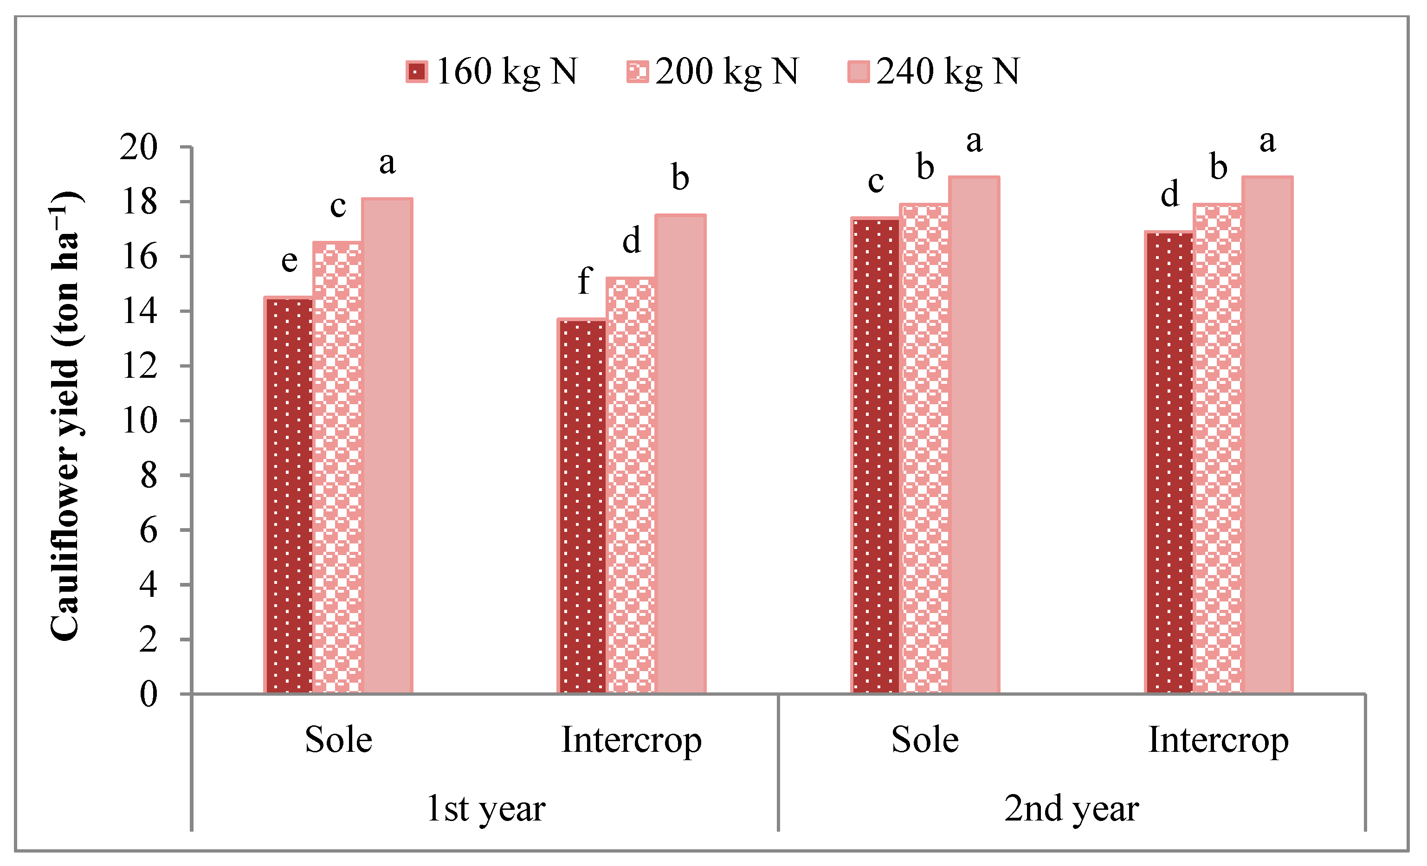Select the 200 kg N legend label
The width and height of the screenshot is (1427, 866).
tap(727, 72)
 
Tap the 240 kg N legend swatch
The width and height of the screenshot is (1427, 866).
tap(858, 72)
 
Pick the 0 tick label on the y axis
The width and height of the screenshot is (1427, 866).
tap(148, 694)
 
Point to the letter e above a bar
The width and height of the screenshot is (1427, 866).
tap(290, 261)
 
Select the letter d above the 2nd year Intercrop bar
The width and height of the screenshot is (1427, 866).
tap(1170, 194)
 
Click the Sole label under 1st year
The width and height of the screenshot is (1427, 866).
tap(338, 740)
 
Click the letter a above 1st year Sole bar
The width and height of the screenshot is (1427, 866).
tap(387, 163)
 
